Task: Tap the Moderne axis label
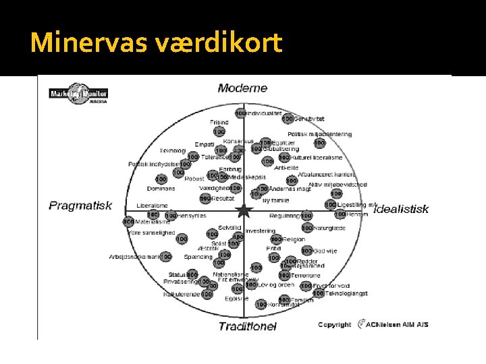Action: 242,88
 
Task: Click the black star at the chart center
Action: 244,212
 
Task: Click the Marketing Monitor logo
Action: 80,96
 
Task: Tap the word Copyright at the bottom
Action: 334,324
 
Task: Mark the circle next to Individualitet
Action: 240,113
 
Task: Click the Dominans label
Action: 161,188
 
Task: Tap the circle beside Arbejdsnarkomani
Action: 166,257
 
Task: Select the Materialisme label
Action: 153,221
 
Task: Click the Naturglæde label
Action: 331,229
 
